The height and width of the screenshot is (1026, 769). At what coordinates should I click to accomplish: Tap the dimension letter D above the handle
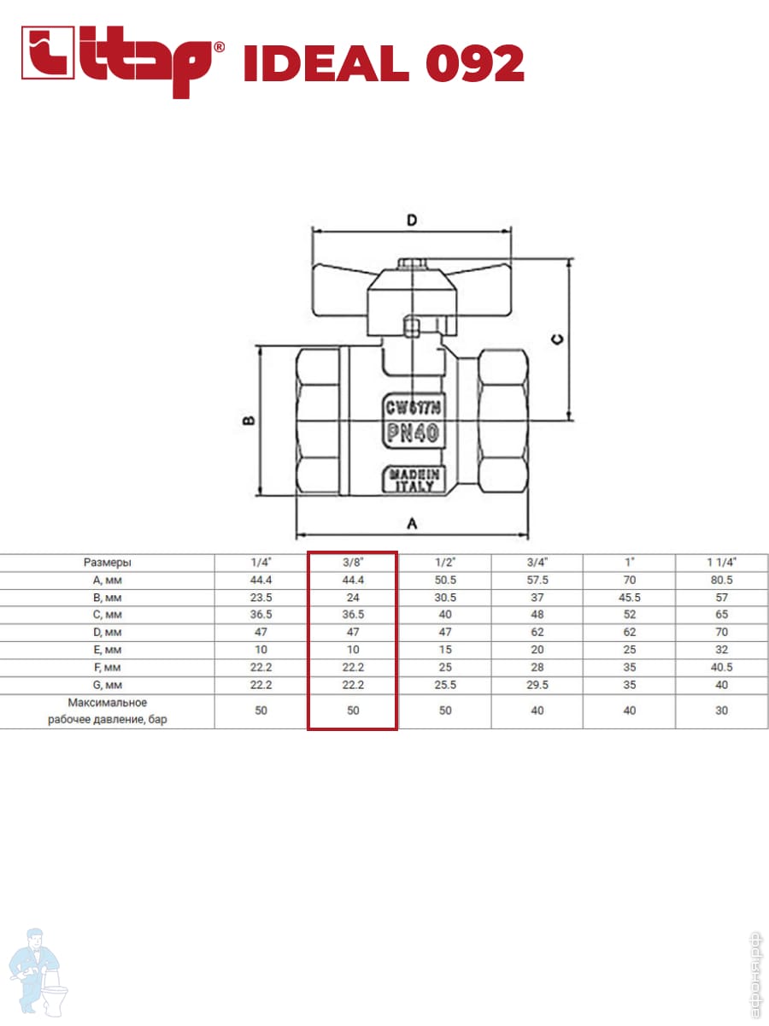(411, 220)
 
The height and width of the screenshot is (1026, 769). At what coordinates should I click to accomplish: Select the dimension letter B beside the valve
(246, 421)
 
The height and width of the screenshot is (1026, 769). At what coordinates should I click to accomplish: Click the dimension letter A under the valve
(411, 524)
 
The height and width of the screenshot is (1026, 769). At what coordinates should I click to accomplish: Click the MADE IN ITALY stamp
(414, 480)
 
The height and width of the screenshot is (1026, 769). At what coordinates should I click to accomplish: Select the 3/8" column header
(353, 563)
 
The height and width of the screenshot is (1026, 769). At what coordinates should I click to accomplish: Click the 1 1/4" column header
(721, 563)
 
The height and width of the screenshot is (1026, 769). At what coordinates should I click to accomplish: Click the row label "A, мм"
(107, 580)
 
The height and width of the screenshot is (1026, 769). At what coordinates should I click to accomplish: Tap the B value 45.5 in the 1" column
(629, 598)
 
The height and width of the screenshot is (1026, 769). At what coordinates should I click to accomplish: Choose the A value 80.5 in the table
(721, 580)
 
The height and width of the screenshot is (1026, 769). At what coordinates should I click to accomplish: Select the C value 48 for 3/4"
(537, 615)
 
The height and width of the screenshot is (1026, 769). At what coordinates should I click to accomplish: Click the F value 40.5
(721, 667)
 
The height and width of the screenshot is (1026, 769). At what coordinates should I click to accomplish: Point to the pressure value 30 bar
(721, 711)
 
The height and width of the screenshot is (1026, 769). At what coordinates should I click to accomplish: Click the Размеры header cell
(107, 563)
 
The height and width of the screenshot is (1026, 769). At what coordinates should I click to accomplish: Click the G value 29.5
(537, 685)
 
